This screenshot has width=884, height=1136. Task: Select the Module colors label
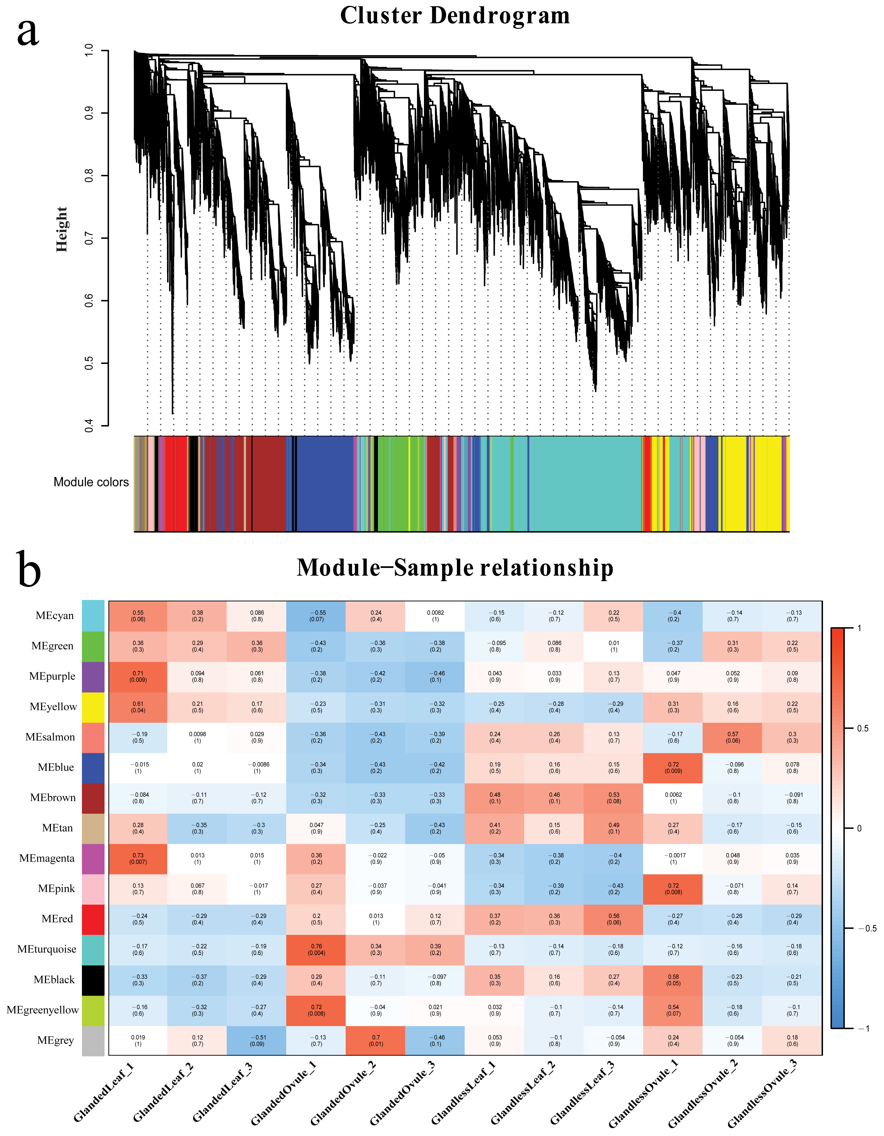point(91,482)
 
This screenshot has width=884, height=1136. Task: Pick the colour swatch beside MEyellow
point(93,707)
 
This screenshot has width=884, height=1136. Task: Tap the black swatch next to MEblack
point(93,980)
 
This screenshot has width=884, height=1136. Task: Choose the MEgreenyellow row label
point(43,1010)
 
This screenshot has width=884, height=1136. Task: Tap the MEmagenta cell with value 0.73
point(138,859)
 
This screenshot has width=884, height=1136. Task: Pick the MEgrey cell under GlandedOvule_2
point(376,1041)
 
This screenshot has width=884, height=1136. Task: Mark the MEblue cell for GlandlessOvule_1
point(673,768)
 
